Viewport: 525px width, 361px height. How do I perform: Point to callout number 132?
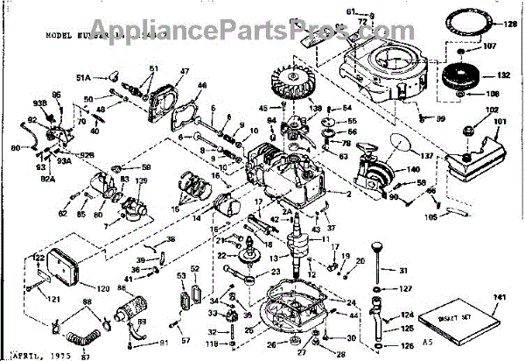point(503,77)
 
